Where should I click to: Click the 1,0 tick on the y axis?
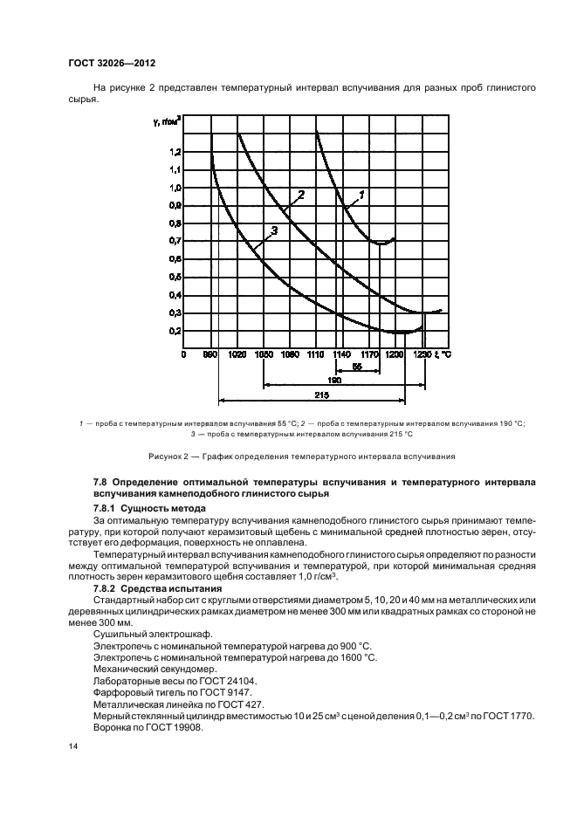point(175,187)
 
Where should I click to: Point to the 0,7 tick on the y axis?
point(175,241)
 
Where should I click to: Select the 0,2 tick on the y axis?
point(175,331)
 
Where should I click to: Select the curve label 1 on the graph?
point(361,193)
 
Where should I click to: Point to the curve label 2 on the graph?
point(300,194)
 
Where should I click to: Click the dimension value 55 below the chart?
point(358,367)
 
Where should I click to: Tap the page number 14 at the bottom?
point(73,746)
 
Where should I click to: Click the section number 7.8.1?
point(107,508)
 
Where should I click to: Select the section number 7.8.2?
point(107,589)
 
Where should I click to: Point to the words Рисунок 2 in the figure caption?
point(169,457)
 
